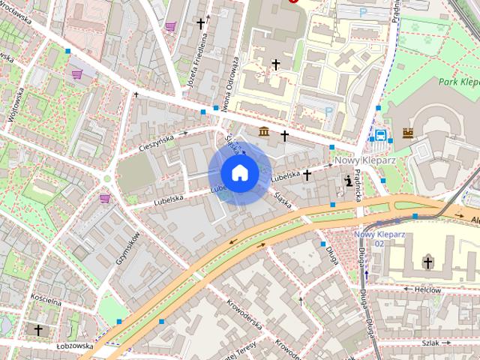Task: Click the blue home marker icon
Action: (x=240, y=172)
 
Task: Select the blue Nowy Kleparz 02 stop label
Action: (x=369, y=238)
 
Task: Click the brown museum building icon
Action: (x=265, y=133)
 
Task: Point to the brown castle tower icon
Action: (x=408, y=133)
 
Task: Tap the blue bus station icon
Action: (x=381, y=136)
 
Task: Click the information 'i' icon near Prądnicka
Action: (x=349, y=180)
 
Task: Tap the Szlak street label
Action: (x=430, y=342)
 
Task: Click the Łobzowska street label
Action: (x=74, y=346)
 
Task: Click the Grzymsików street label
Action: (x=127, y=247)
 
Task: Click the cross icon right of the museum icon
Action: (x=285, y=136)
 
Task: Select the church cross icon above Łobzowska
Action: (x=37, y=329)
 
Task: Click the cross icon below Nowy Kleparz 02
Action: (x=427, y=262)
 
